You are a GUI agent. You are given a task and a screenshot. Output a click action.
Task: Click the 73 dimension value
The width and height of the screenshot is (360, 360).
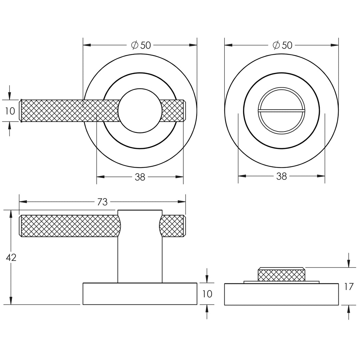[x=102, y=202]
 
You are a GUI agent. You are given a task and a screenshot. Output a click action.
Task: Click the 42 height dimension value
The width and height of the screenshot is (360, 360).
[x=11, y=257]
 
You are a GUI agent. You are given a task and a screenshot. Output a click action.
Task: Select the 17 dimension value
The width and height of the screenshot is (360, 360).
[x=348, y=286]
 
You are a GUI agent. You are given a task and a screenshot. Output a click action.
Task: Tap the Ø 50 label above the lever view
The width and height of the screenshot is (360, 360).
[x=141, y=45]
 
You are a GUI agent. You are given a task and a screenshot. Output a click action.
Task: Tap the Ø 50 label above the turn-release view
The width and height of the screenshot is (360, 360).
[x=282, y=45]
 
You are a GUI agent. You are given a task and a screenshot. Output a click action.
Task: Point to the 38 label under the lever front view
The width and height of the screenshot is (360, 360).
[x=140, y=177]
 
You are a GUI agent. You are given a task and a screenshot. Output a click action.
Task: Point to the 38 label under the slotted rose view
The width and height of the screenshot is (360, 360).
[x=281, y=177]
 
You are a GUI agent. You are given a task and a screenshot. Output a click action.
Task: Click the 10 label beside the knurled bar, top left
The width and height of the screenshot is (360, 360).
[x=10, y=111]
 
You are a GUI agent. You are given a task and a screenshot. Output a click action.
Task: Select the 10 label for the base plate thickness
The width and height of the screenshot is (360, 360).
[x=207, y=294]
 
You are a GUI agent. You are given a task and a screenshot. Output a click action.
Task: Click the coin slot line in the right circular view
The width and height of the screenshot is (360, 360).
[x=281, y=111]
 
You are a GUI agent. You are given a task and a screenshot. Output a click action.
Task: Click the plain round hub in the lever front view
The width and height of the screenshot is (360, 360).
[x=140, y=111]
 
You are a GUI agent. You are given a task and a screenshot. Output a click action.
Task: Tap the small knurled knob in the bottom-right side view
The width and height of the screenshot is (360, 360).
[x=281, y=275]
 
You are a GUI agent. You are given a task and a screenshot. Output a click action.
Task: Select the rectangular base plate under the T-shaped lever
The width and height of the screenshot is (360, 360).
[x=140, y=294]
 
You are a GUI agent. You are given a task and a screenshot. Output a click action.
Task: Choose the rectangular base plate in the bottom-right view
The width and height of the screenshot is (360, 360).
[x=281, y=294]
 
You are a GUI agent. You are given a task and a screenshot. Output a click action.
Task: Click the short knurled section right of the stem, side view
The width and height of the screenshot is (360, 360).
[x=172, y=226]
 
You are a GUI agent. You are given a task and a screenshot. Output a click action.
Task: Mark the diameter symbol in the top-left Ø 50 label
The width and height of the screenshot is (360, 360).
[x=135, y=45]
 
